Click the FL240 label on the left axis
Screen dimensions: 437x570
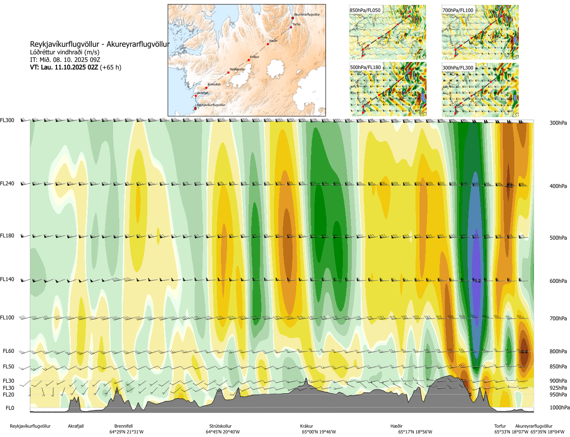pyautogui.click(x=7, y=184)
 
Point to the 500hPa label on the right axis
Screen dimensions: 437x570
pyautogui.click(x=558, y=238)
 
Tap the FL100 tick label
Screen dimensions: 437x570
pyautogui.click(x=7, y=318)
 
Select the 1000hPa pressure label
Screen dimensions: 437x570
pyautogui.click(x=559, y=408)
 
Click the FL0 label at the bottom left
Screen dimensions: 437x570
pyautogui.click(x=10, y=408)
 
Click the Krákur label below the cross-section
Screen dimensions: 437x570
pyautogui.click(x=306, y=426)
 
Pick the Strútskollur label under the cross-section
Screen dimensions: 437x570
pyautogui.click(x=220, y=426)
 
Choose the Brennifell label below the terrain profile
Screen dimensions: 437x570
pyautogui.click(x=123, y=426)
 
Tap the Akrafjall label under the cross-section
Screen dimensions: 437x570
pyautogui.click(x=76, y=426)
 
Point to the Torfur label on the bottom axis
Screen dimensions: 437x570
pyautogui.click(x=500, y=426)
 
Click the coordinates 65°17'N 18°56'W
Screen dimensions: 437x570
pyautogui.click(x=415, y=432)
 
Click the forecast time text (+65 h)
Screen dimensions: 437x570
pyautogui.click(x=110, y=67)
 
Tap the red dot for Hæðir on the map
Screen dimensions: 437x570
pyautogui.click(x=268, y=44)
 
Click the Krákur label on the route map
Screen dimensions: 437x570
pyautogui.click(x=255, y=57)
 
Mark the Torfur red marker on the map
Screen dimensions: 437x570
pyautogui.click(x=291, y=27)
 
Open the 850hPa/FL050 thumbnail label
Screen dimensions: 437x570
pyautogui.click(x=365, y=10)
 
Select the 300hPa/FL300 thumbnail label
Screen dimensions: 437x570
pyautogui.click(x=458, y=68)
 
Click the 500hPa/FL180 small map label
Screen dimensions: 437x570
pyautogui.click(x=366, y=68)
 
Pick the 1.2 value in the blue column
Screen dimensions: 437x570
pyautogui.click(x=477, y=281)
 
